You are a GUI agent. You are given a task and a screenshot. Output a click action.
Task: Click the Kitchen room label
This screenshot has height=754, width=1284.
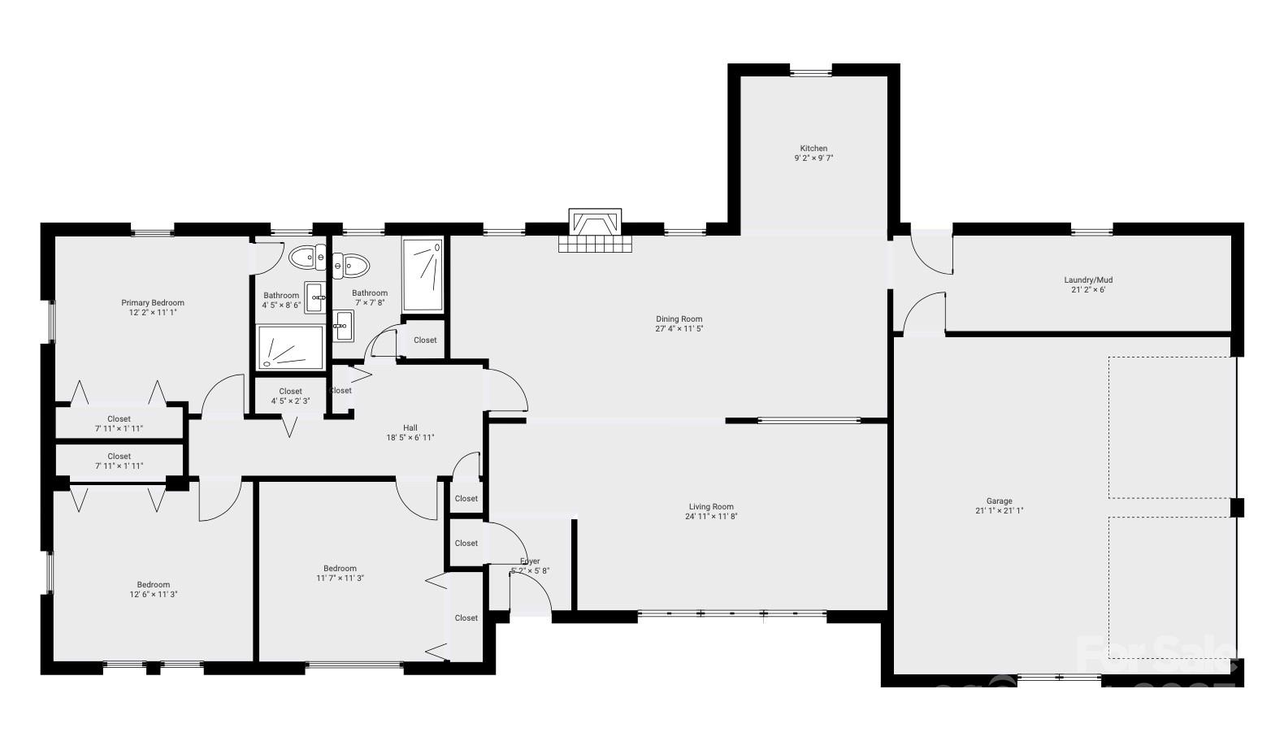[x=813, y=148]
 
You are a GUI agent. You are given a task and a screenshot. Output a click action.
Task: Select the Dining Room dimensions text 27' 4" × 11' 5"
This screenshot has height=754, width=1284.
[x=679, y=329]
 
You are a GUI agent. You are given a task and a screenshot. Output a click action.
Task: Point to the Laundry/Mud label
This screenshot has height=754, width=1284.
[x=1088, y=280]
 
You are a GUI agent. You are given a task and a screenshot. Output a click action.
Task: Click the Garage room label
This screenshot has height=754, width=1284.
[x=999, y=501]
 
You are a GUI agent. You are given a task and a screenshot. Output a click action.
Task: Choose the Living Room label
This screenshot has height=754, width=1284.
[x=711, y=507]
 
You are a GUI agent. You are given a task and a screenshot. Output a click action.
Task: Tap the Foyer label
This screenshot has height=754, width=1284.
[x=530, y=561]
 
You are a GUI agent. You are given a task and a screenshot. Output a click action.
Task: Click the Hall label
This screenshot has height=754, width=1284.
[x=410, y=428]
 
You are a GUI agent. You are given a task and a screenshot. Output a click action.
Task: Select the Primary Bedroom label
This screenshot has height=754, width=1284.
[x=153, y=303]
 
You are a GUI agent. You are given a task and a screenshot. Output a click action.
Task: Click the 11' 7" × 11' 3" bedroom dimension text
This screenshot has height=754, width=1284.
[x=340, y=578]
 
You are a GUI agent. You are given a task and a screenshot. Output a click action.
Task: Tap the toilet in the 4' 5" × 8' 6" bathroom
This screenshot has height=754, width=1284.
[x=306, y=258]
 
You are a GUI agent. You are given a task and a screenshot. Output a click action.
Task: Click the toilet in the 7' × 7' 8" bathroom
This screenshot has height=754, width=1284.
[x=352, y=264]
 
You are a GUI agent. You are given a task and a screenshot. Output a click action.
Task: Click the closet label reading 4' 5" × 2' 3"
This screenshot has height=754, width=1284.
[x=290, y=401]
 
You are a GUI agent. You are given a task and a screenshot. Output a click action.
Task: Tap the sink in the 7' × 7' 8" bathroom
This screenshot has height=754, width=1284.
[x=344, y=325]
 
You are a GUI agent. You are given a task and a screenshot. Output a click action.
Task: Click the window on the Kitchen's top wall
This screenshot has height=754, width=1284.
[x=811, y=72]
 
